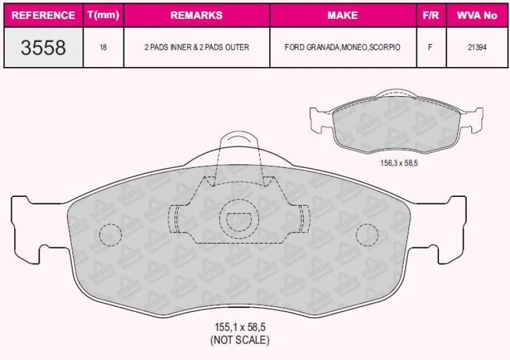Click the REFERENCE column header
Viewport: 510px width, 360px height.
click(x=43, y=15)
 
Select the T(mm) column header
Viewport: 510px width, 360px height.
click(x=103, y=15)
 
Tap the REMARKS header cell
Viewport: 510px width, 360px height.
click(x=196, y=15)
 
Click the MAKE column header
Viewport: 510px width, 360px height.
click(x=343, y=15)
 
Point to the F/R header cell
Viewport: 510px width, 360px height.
click(x=431, y=15)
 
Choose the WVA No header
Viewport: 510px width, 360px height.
click(x=477, y=15)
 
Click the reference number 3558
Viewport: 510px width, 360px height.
click(x=43, y=47)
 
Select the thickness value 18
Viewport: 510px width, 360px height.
click(x=103, y=47)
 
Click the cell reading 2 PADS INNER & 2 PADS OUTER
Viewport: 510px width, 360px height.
click(x=197, y=47)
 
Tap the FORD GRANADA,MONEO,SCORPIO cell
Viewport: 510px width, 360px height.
click(x=343, y=47)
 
